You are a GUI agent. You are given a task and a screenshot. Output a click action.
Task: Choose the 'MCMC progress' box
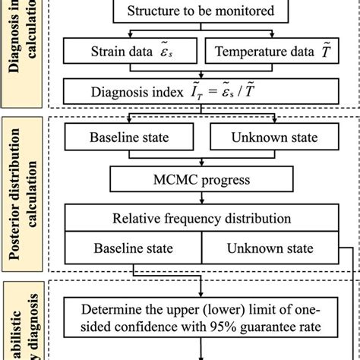tap(201, 180)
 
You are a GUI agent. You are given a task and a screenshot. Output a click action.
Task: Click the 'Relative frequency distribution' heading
tap(201, 219)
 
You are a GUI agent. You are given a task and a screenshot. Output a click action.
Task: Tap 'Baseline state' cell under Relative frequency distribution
tap(134, 248)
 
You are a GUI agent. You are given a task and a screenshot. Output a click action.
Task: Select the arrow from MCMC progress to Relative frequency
tap(201, 199)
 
